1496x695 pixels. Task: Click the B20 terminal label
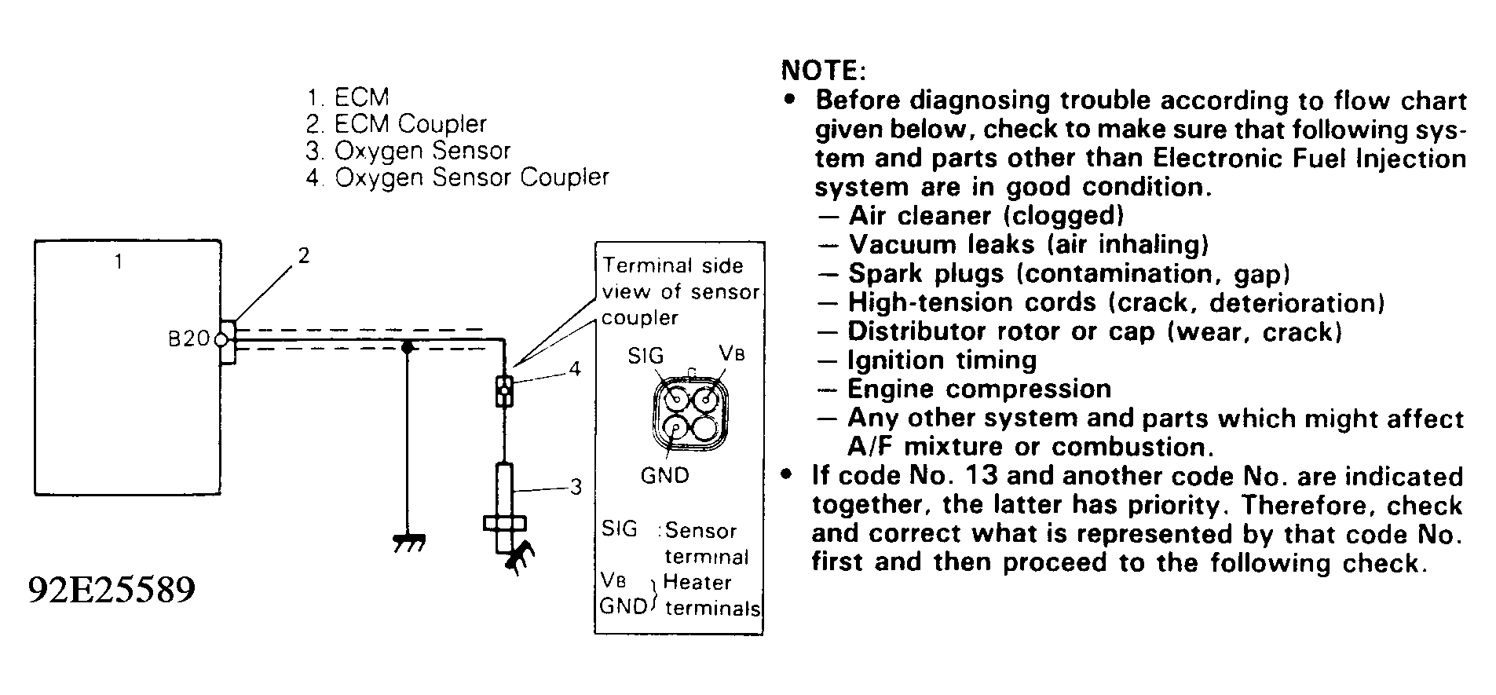[188, 339]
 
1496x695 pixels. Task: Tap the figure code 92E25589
[112, 589]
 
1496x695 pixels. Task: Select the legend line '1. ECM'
[348, 97]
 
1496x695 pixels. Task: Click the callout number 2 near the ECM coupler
[303, 255]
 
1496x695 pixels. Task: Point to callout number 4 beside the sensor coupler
[575, 368]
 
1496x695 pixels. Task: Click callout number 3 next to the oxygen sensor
[576, 487]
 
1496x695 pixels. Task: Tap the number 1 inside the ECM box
[119, 262]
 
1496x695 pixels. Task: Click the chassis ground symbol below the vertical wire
[408, 543]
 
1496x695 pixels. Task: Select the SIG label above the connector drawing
[646, 356]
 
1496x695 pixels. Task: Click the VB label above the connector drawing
[731, 353]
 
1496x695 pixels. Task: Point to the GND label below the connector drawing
[664, 475]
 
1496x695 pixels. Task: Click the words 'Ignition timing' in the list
[942, 360]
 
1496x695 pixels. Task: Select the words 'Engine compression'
[979, 390]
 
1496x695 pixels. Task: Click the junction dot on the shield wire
[407, 346]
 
